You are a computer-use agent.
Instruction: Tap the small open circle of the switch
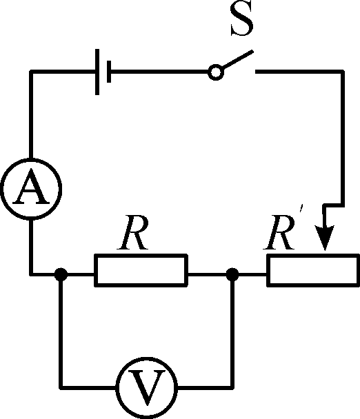(215, 72)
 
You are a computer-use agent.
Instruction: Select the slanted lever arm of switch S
(236, 61)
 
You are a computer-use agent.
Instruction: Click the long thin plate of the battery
(97, 72)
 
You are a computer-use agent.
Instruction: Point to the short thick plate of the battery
(109, 72)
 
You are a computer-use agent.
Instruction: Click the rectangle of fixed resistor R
(141, 269)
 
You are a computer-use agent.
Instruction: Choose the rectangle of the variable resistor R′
(313, 269)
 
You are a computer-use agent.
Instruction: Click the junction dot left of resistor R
(61, 274)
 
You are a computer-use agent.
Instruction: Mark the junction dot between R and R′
(232, 274)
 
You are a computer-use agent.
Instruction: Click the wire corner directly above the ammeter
(31, 72)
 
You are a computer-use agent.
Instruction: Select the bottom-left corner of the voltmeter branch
(61, 386)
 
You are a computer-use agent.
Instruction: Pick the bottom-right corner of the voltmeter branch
(232, 386)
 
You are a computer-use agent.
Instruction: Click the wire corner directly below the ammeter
(31, 274)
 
